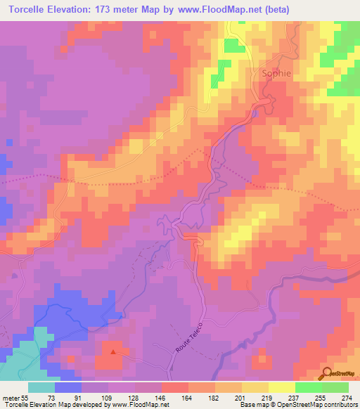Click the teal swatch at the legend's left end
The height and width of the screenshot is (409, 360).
pyautogui.click(x=41, y=387)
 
